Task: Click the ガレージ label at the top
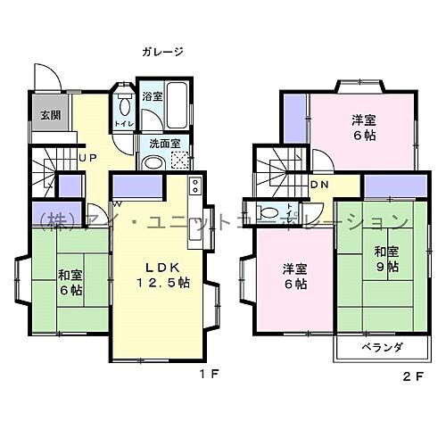tap(161, 52)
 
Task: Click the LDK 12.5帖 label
tap(160, 276)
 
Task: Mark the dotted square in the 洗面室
tap(180, 161)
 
